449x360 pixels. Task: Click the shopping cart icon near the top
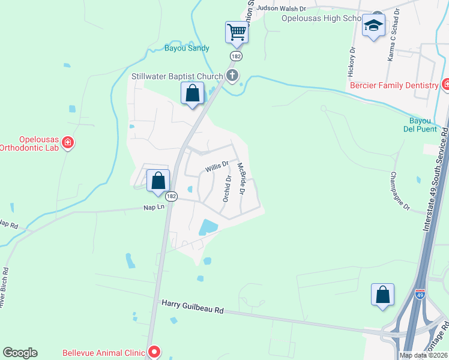coord(237,32)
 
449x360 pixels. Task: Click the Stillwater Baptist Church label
coord(177,77)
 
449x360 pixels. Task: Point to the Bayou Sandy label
coord(187,48)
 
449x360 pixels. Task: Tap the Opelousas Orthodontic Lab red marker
coord(68,142)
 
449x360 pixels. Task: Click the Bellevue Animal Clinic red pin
coord(154,352)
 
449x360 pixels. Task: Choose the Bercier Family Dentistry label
coord(394,85)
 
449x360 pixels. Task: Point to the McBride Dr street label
coord(242,179)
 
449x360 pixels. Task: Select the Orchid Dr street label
coord(227,188)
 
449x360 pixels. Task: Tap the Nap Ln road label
coord(154,207)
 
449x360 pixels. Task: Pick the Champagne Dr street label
coord(399,191)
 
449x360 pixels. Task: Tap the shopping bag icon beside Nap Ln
coord(158,180)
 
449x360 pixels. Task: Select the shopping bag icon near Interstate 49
coord(382,294)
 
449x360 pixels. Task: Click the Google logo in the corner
coord(20,353)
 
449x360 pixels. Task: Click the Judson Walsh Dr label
coord(281,9)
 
